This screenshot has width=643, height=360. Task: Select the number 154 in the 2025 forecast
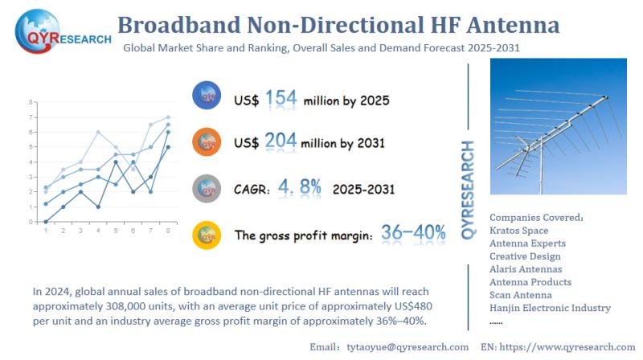point(281,98)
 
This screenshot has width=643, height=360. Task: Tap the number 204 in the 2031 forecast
point(281,141)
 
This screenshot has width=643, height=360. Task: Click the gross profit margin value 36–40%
point(414,233)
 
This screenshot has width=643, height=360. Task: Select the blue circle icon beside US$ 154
point(207,96)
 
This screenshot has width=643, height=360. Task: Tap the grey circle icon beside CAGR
point(207,189)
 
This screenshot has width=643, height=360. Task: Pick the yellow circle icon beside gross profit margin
point(207,235)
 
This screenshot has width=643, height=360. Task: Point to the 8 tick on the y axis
point(31,102)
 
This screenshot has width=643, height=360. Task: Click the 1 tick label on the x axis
point(45,231)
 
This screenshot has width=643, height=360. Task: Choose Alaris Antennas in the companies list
point(526,268)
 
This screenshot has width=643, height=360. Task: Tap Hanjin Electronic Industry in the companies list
point(550,307)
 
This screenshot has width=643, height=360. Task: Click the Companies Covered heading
point(536,217)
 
